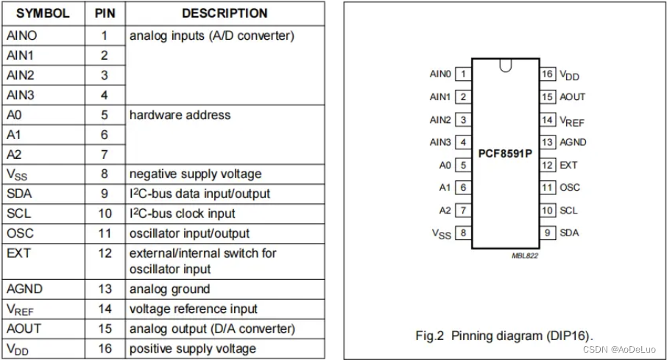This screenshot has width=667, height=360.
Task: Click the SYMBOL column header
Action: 43,13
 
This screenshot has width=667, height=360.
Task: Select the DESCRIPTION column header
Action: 225,13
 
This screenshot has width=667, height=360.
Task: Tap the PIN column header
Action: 105,13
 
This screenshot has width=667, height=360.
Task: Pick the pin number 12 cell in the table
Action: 105,253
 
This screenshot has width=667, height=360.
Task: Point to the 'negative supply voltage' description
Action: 195,174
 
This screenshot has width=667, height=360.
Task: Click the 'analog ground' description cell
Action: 169,289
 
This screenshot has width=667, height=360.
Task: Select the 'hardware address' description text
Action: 180,115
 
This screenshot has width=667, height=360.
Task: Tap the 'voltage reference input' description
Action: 193,309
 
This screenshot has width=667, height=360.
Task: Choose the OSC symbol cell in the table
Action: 20,233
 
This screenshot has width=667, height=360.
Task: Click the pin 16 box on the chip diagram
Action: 547,74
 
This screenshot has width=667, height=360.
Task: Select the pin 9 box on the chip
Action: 547,233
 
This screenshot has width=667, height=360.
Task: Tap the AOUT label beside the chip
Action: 573,96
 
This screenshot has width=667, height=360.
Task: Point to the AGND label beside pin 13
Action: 574,142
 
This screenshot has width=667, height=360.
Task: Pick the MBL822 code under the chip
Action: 525,255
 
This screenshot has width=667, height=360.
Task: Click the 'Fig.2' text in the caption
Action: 428,336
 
